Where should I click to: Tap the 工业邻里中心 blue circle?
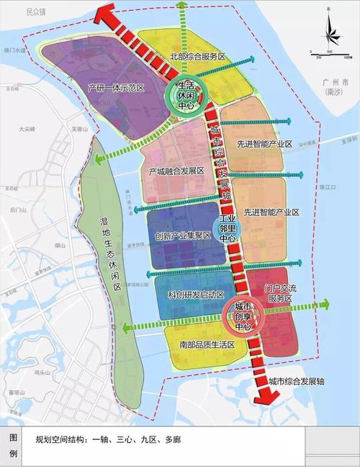(x=228, y=228)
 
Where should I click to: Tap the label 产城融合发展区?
(x=176, y=171)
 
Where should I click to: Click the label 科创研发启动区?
(x=191, y=296)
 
